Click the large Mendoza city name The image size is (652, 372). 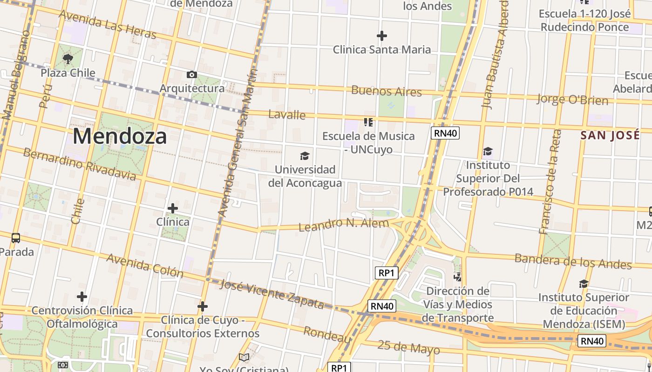[120, 136]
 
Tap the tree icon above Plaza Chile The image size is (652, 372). [68, 59]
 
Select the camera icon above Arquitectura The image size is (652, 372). [191, 74]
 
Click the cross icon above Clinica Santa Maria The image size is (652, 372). [382, 36]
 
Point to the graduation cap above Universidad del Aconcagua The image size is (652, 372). [305, 156]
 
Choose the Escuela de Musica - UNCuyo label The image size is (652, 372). [368, 143]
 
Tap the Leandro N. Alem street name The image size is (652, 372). [343, 225]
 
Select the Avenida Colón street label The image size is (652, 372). [145, 265]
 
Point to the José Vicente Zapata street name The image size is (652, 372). [272, 294]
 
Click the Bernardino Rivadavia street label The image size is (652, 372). [80, 164]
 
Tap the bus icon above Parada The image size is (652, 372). [16, 238]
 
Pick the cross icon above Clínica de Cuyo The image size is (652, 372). [203, 306]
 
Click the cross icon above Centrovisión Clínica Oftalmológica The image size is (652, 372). [82, 296]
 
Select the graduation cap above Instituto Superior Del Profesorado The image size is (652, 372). [488, 151]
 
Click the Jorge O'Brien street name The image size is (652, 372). [572, 100]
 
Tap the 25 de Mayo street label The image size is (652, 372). [408, 347]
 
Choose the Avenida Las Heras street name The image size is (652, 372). [107, 25]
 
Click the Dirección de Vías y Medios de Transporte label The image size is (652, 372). [458, 305]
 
